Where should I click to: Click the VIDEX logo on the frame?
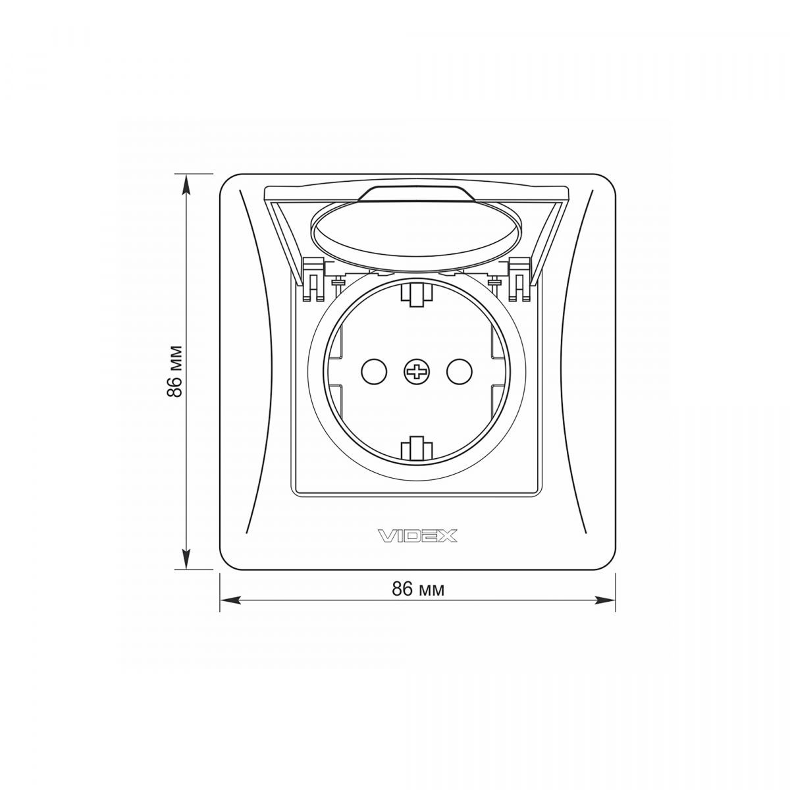point(417,535)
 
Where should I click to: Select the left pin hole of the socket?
point(374,372)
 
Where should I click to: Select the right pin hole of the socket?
point(459,372)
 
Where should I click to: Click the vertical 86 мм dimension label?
point(175,371)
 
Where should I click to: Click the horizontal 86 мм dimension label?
point(418,589)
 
